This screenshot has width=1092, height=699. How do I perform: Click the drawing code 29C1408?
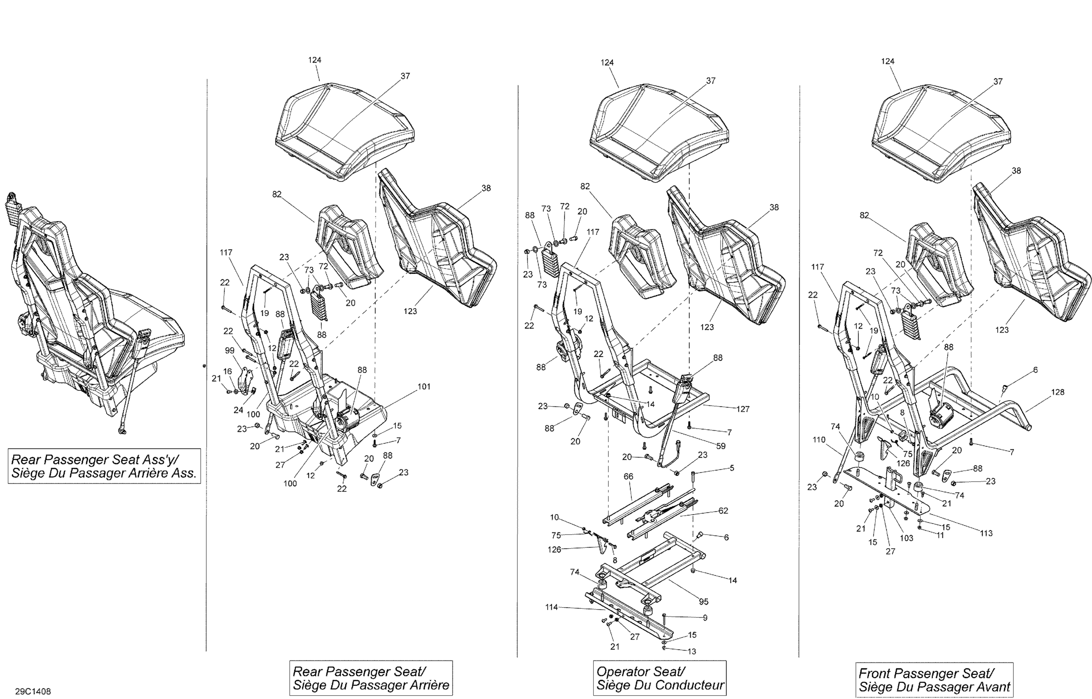point(33,692)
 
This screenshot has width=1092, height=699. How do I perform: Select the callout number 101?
point(424,387)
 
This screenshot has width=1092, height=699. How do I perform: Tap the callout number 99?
point(230,350)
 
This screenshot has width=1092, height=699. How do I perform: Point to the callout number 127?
point(743,409)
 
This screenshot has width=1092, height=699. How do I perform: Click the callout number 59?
point(721,446)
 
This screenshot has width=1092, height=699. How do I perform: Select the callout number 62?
point(723,511)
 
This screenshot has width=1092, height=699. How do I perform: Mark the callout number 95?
point(703,602)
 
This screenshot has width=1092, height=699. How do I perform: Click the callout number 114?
point(551,607)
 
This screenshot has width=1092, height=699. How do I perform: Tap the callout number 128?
point(1057,392)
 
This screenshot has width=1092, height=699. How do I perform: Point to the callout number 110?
point(819,440)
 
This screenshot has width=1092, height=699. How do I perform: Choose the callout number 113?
point(986,533)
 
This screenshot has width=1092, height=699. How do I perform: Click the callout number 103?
point(906,538)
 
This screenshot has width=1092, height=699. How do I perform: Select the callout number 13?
point(692,651)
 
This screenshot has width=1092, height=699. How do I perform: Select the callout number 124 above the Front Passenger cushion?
point(887,61)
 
